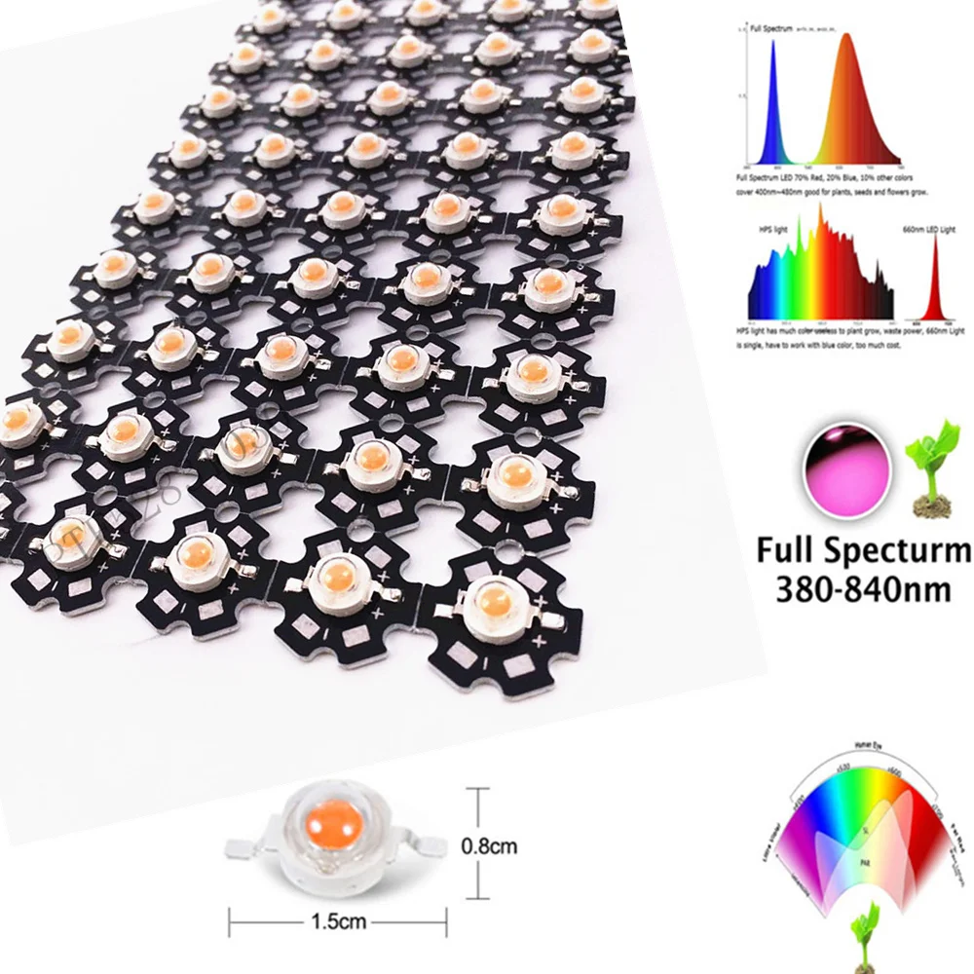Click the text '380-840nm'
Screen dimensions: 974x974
tap(861, 589)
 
